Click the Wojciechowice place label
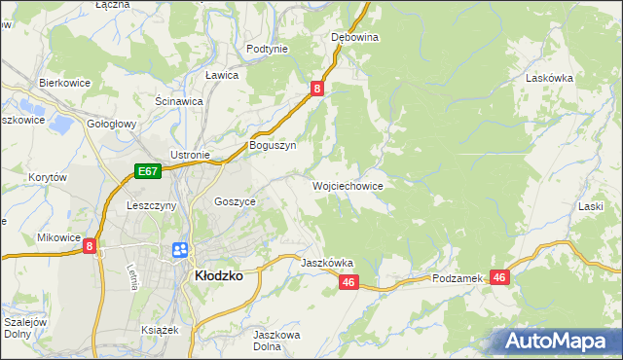tap(347, 185)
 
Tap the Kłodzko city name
tap(219, 275)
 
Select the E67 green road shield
tap(147, 171)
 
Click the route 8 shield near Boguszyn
tap(317, 90)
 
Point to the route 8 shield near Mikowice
tap(90, 247)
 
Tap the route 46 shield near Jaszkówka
tap(350, 282)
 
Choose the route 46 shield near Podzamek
tap(499, 277)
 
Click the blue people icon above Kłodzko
tap(180, 250)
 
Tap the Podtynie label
tap(267, 49)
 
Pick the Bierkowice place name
tap(64, 83)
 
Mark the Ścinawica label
tap(179, 100)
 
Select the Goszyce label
tap(235, 201)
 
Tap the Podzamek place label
tap(458, 278)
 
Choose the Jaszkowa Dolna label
tap(275, 341)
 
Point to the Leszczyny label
tap(151, 205)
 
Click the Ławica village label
tap(222, 75)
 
